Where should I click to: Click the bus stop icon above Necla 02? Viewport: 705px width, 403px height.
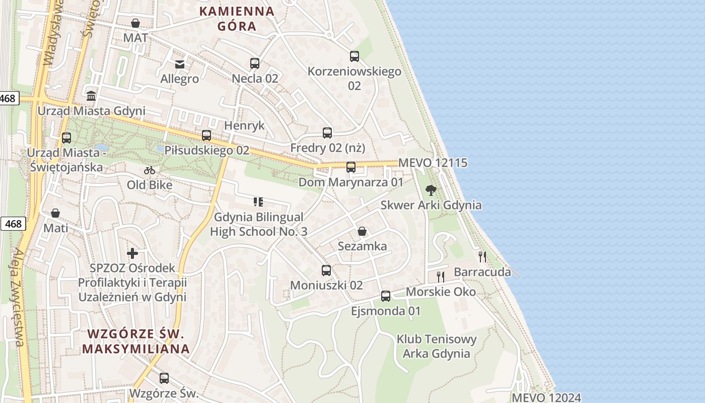pyautogui.click(x=255, y=63)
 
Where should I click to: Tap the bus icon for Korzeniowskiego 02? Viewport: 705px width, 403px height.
pyautogui.click(x=355, y=56)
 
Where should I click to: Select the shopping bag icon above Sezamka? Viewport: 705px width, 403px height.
pyautogui.click(x=362, y=231)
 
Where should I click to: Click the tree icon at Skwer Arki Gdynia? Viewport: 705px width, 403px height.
pyautogui.click(x=431, y=190)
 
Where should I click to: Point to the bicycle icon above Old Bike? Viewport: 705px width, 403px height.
pyautogui.click(x=150, y=170)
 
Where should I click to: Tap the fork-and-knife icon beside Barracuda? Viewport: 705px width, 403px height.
pyautogui.click(x=482, y=257)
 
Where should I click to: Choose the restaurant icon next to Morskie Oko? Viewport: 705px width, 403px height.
pyautogui.click(x=441, y=277)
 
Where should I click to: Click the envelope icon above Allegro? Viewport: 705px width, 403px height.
pyautogui.click(x=180, y=64)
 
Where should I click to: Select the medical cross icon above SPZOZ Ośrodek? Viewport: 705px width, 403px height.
pyautogui.click(x=132, y=253)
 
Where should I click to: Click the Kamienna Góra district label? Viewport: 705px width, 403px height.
pyautogui.click(x=237, y=19)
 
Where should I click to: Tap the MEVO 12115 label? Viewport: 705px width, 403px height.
pyautogui.click(x=433, y=163)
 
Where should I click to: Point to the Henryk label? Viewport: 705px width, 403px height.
pyautogui.click(x=244, y=125)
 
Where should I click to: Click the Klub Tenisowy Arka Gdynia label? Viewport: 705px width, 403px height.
pyautogui.click(x=437, y=346)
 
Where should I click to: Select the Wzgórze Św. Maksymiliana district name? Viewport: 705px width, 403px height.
pyautogui.click(x=136, y=341)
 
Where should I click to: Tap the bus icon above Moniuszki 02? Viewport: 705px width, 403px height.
pyautogui.click(x=326, y=271)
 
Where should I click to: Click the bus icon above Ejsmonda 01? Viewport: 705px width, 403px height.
pyautogui.click(x=386, y=296)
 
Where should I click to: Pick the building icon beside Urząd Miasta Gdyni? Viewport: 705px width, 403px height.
pyautogui.click(x=91, y=96)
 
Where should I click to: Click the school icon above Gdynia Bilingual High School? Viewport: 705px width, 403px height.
pyautogui.click(x=258, y=203)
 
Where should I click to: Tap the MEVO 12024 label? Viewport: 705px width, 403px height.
pyautogui.click(x=546, y=397)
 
